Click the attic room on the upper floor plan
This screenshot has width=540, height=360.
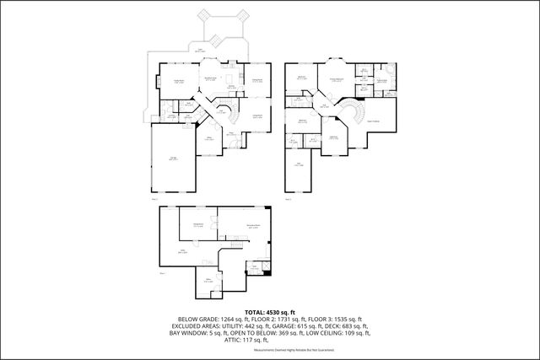[300, 164]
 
